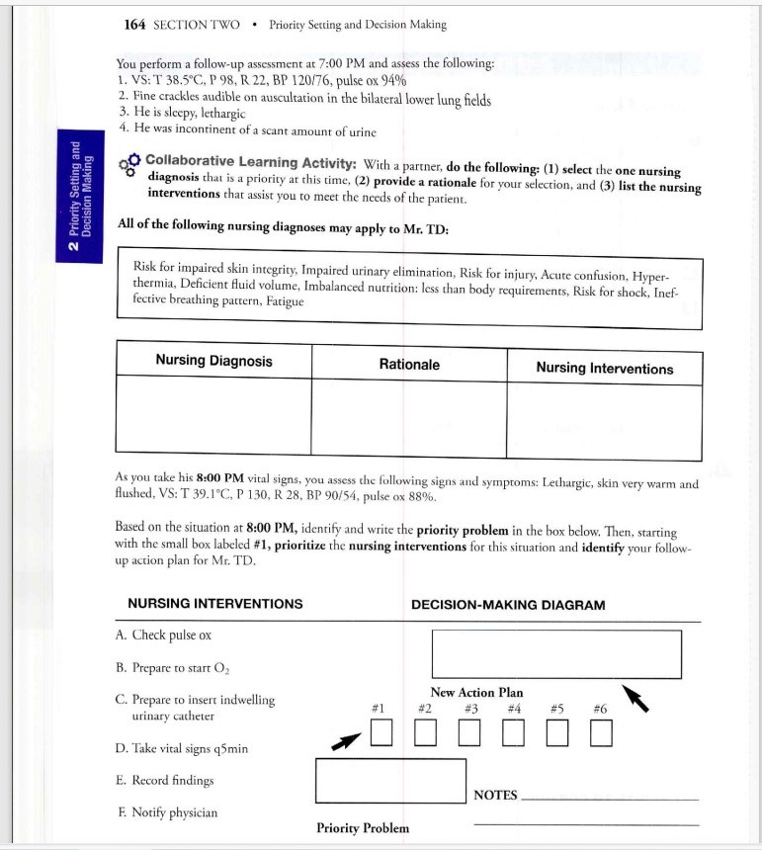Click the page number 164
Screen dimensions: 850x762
[135, 25]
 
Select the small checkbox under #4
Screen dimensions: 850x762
[513, 732]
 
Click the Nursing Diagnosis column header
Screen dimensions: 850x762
[213, 361]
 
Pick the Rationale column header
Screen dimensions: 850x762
[409, 365]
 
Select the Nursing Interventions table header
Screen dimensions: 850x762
[604, 368]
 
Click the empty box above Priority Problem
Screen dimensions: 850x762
[390, 780]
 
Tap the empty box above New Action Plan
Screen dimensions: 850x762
[556, 654]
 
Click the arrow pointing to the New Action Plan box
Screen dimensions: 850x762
[635, 698]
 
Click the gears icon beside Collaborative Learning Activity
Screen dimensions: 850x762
[128, 164]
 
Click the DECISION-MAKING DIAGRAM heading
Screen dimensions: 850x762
[508, 604]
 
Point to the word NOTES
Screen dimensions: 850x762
[495, 795]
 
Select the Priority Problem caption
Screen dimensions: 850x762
[362, 828]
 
